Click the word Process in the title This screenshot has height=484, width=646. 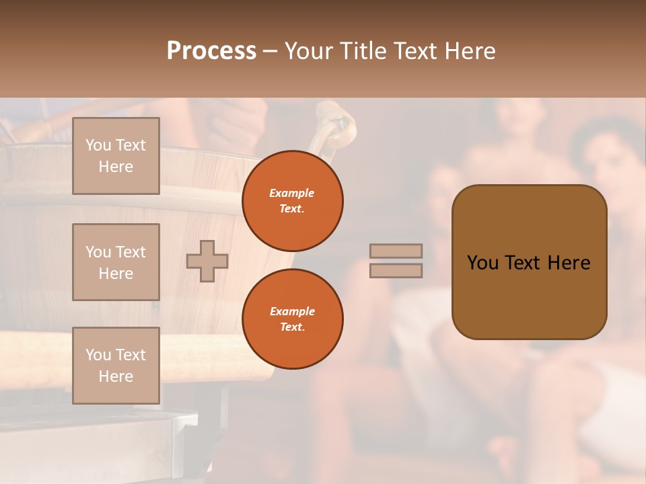coord(211,51)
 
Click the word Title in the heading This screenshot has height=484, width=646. coord(361,51)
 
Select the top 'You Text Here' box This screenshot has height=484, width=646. coord(116,156)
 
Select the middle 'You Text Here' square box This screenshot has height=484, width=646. coord(116,262)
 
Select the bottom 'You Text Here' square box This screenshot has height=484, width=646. coord(116,366)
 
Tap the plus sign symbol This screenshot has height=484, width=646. coord(207,261)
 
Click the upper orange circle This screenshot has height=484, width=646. coord(292,201)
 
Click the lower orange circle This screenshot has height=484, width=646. coord(292,319)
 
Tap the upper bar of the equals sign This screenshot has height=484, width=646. coord(396,251)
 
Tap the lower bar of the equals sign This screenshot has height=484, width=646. coord(396,271)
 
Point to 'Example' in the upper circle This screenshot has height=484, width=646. coord(292,193)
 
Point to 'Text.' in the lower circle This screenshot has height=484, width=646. coord(292,327)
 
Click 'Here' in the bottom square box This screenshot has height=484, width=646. coord(116,376)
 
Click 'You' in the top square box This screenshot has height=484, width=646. coord(98,145)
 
